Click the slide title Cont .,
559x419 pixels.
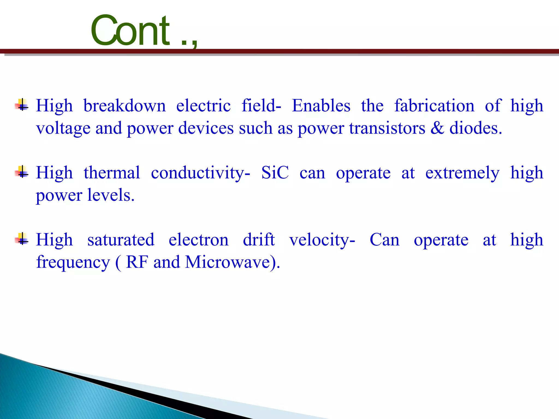144,31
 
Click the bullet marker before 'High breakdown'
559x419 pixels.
22,105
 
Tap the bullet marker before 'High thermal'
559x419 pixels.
22,172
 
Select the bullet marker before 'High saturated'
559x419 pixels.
22,239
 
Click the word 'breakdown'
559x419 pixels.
124,106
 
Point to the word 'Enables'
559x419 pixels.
321,106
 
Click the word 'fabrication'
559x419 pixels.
434,106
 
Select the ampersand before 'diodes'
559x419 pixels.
437,128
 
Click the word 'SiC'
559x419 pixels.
275,173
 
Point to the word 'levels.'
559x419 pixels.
111,195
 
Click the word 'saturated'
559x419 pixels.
121,240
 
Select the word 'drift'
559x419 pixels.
258,240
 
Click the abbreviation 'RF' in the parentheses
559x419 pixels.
137,262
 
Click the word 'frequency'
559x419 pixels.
73,263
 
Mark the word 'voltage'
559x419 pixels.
63,128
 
